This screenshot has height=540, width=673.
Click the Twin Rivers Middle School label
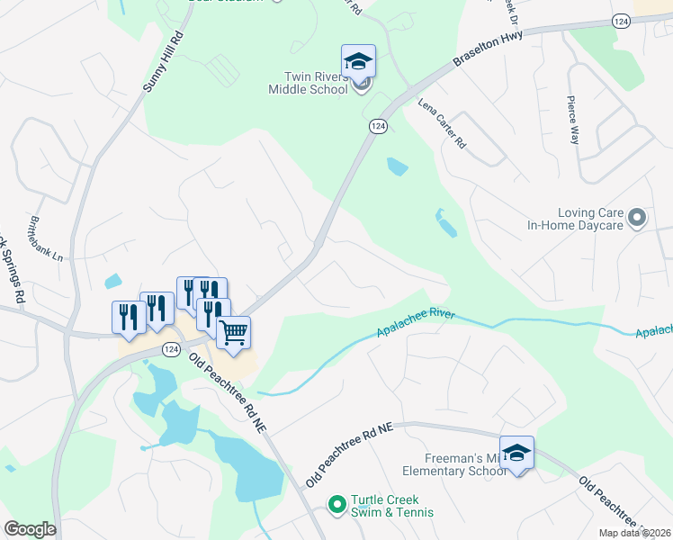[x=308, y=83]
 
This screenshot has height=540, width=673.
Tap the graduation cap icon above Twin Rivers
[x=358, y=61]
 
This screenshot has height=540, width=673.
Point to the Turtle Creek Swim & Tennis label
[x=392, y=506]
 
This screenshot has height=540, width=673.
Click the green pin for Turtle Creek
[x=337, y=505]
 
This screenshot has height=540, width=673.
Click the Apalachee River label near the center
[x=417, y=325]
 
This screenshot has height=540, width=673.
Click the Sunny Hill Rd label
[x=163, y=61]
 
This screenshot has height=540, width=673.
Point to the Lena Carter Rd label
[x=443, y=123]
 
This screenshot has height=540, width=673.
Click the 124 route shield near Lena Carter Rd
[x=378, y=128]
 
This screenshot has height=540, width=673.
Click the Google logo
[x=30, y=529]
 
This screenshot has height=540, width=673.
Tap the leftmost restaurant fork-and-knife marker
[x=128, y=316]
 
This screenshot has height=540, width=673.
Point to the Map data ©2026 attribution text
[x=635, y=533]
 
